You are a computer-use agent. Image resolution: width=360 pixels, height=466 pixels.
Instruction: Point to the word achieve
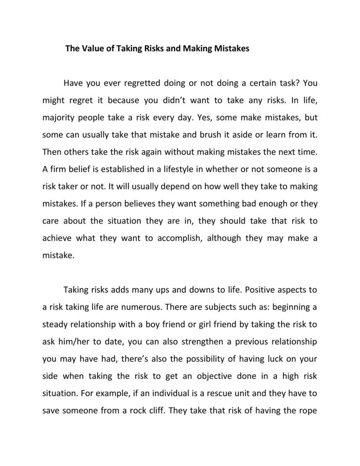[x=58, y=238]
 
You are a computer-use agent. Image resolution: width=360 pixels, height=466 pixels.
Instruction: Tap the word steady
[x=57, y=324]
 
